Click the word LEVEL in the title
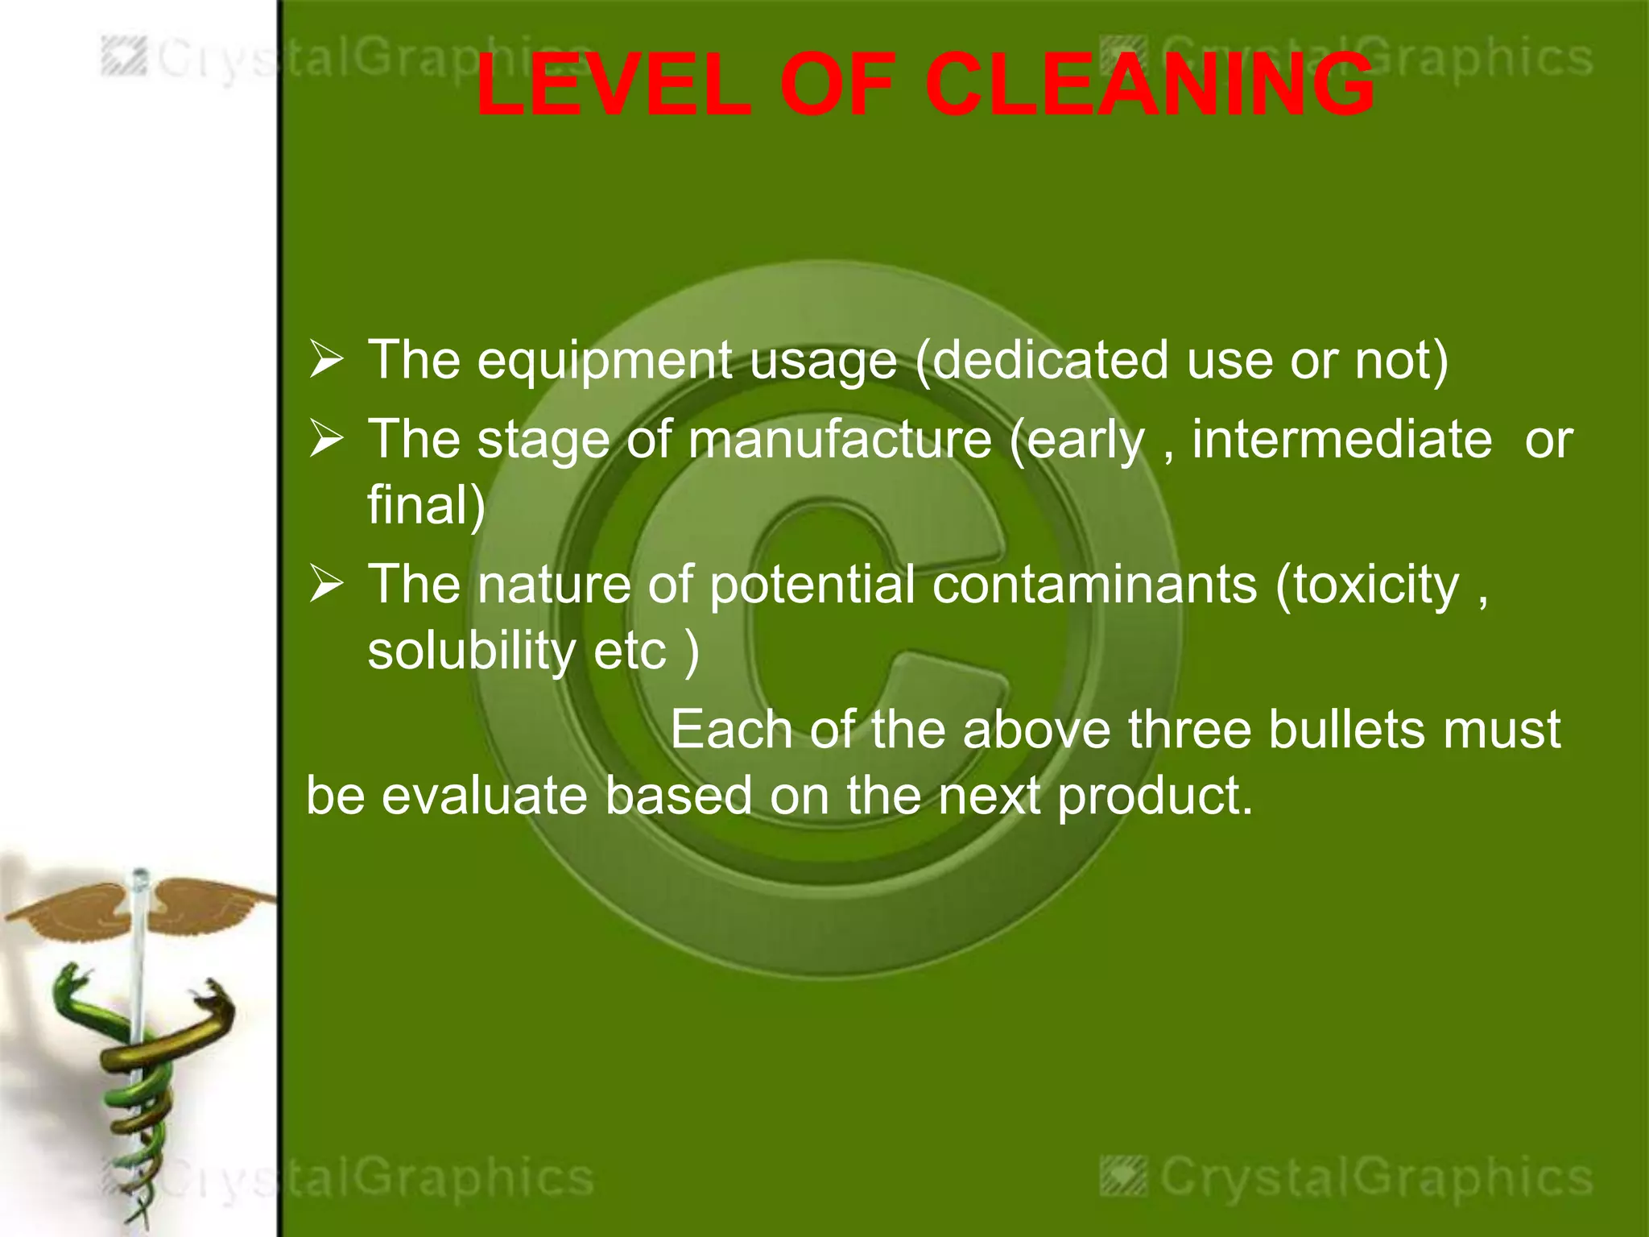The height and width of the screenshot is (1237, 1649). click(612, 85)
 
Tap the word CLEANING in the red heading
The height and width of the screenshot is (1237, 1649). click(1149, 85)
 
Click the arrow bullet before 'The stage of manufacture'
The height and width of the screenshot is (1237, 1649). click(327, 440)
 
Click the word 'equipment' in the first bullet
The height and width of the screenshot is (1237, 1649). click(604, 361)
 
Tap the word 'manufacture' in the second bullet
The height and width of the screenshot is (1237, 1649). click(839, 441)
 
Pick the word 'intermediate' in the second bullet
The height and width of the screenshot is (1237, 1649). click(1341, 440)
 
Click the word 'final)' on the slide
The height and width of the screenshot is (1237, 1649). click(426, 505)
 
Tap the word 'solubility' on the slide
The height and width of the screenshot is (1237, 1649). click(471, 651)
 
